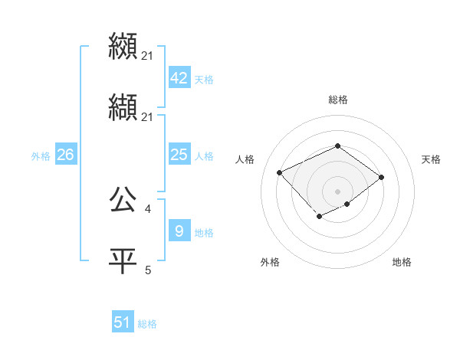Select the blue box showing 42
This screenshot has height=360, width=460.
[x=179, y=78]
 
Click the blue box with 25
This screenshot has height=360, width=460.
[x=179, y=155]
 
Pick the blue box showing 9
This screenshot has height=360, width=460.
[x=179, y=231]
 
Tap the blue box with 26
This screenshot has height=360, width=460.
[x=65, y=155]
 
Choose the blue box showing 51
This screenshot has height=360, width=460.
[x=123, y=322]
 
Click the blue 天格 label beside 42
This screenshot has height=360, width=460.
[x=204, y=80]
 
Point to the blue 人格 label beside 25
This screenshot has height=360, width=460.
[x=204, y=156]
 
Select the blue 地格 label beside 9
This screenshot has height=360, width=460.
[x=204, y=232]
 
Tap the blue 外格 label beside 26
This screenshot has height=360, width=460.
[x=41, y=156]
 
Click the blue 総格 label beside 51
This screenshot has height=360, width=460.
[x=147, y=324]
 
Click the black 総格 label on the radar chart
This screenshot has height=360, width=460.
[x=337, y=100]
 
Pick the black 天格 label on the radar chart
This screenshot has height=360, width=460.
[x=431, y=159]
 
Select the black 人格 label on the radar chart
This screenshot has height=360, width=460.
[x=245, y=159]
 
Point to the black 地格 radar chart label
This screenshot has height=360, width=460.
[x=402, y=262]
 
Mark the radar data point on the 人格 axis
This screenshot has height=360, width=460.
[x=281, y=172]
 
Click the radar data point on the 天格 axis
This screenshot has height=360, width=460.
[x=381, y=177]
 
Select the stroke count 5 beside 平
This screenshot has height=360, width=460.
[x=148, y=270]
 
